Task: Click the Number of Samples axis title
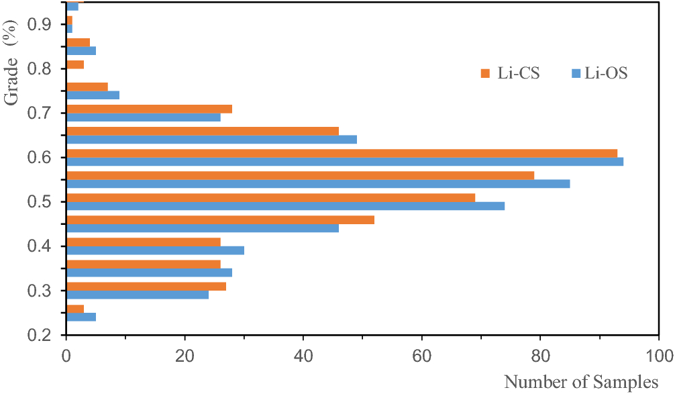[581, 382]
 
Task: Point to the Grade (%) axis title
[11, 64]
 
